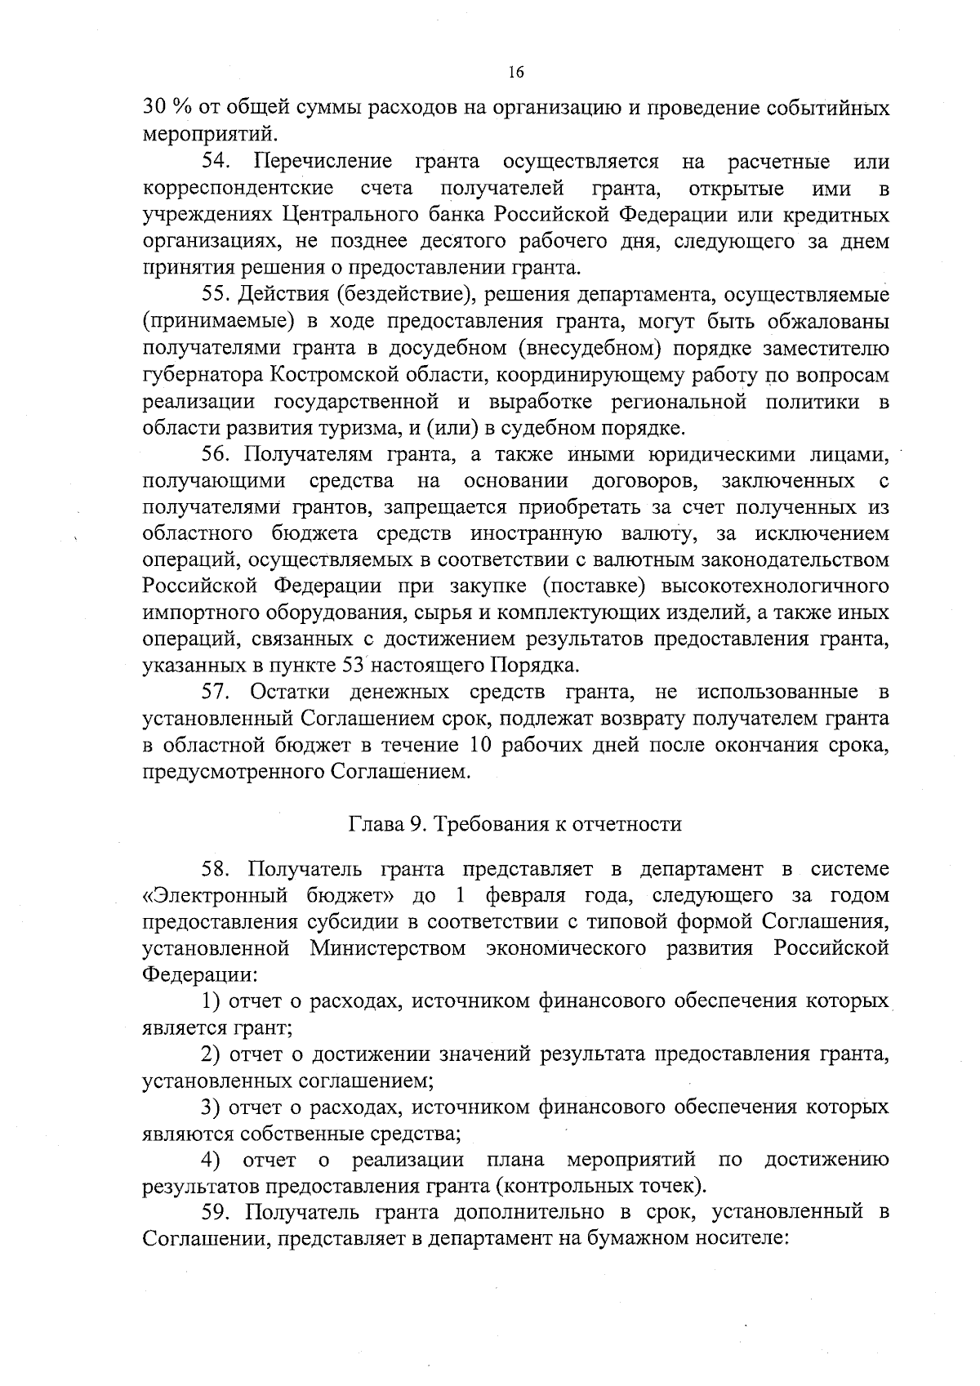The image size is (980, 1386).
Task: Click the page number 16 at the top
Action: pyautogui.click(x=515, y=73)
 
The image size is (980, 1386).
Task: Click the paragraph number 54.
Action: pyautogui.click(x=218, y=163)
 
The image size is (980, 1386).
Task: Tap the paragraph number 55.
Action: pyautogui.click(x=218, y=295)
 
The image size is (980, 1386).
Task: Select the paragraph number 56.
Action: pyautogui.click(x=218, y=454)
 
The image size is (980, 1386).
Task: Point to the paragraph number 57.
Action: pyautogui.click(x=218, y=693)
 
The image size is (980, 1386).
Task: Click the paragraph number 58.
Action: pyautogui.click(x=218, y=868)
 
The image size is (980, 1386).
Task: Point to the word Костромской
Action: pyautogui.click(x=326, y=375)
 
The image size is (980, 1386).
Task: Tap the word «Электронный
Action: pyautogui.click(x=215, y=895)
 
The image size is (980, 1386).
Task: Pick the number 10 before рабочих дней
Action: pyautogui.click(x=483, y=746)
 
